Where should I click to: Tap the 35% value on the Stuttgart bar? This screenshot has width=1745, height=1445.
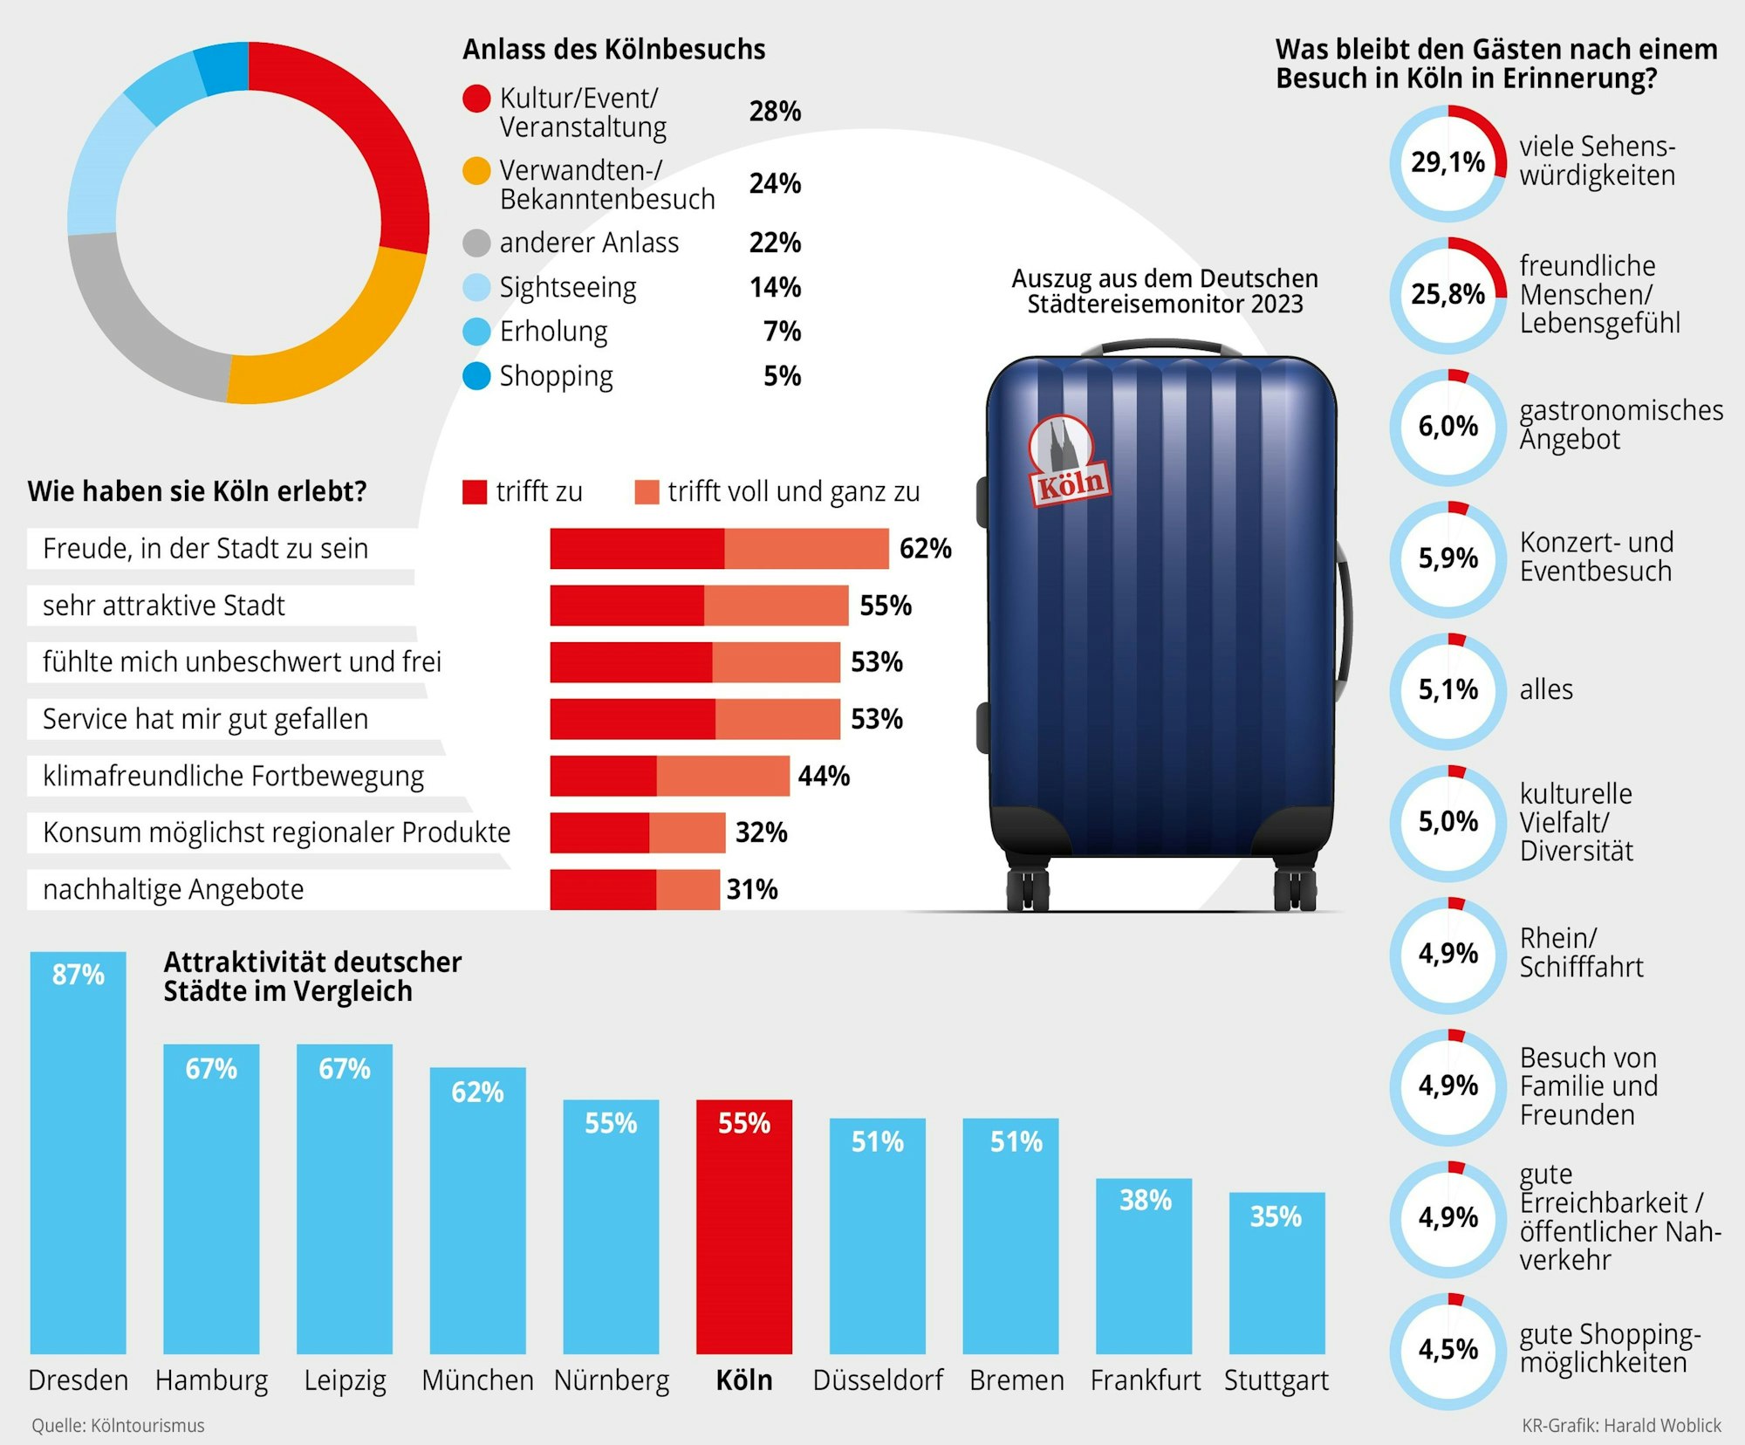(x=1276, y=1216)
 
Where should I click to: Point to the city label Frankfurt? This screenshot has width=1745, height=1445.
(x=1145, y=1380)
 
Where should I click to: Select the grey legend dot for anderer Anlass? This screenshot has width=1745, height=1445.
(x=476, y=243)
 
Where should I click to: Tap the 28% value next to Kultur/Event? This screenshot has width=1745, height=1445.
(x=775, y=112)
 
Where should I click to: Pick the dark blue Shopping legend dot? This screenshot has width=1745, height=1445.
(x=476, y=376)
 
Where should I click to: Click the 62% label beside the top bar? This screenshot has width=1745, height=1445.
(x=925, y=549)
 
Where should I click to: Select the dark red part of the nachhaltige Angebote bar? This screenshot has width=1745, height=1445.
(x=603, y=889)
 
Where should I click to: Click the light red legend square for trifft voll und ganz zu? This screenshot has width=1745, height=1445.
(x=647, y=492)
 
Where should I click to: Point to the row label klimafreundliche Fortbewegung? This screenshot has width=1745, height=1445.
(x=233, y=776)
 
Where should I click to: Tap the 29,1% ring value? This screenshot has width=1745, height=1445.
(x=1447, y=162)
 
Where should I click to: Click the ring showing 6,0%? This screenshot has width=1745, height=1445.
(x=1447, y=427)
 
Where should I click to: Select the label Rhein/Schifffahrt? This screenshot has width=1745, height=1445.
(x=1580, y=953)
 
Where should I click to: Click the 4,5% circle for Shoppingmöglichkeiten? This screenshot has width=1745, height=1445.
(x=1447, y=1349)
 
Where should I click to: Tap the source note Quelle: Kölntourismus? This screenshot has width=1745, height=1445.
(x=118, y=1425)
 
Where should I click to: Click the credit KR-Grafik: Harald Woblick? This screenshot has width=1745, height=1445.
(x=1621, y=1425)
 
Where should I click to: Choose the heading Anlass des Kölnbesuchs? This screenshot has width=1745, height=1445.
(x=613, y=50)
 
